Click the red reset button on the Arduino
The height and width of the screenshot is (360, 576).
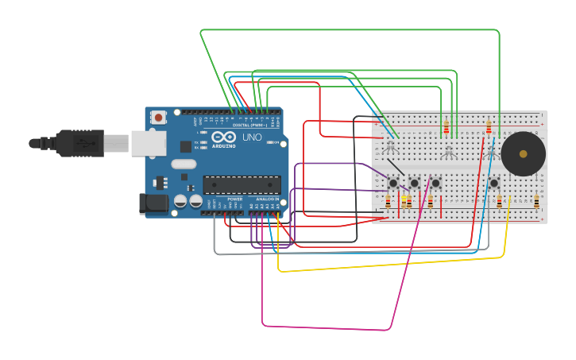(158, 118)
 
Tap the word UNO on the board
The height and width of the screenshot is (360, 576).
(252, 137)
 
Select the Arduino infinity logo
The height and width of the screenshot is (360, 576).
(223, 137)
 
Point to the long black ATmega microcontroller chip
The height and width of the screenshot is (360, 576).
(242, 185)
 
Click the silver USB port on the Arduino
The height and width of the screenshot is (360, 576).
(148, 143)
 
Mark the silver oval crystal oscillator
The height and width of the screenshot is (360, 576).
(184, 165)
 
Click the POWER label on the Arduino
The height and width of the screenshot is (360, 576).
(234, 199)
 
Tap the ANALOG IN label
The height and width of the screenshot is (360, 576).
(267, 199)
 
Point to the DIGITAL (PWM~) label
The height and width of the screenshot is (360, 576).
(247, 125)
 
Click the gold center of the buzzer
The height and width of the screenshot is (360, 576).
(523, 153)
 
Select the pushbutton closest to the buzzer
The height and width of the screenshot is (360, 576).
(493, 183)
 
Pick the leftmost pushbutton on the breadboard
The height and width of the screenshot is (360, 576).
(392, 183)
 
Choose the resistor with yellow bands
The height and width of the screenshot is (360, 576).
(404, 202)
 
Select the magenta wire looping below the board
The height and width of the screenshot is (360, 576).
(326, 327)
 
